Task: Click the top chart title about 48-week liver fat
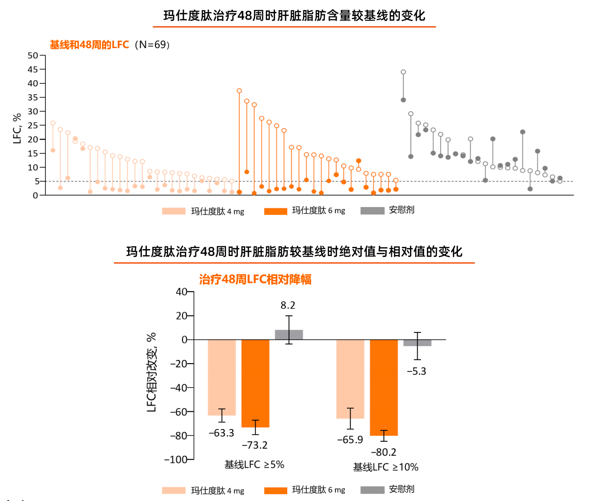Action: click(294, 16)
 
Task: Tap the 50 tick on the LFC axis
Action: click(33, 55)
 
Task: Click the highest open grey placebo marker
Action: click(403, 72)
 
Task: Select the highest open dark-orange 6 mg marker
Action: click(239, 91)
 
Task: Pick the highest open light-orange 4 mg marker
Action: click(53, 123)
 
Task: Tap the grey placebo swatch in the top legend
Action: click(372, 211)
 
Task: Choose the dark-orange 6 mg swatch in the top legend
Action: click(275, 211)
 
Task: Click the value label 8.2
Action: click(288, 305)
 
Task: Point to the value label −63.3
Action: click(221, 433)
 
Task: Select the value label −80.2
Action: click(383, 452)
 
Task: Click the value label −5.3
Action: click(416, 371)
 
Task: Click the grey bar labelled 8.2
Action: click(289, 335)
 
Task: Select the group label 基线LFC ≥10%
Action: click(385, 467)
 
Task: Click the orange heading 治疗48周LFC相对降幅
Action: click(255, 279)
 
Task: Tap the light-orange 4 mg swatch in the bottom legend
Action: click(173, 490)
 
